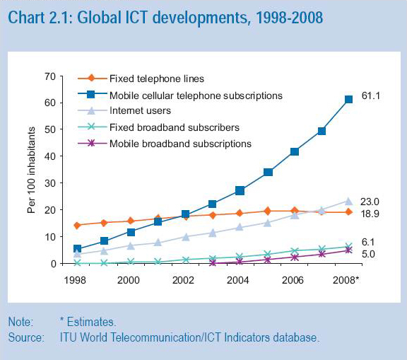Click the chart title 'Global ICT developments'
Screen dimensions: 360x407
pos(165,17)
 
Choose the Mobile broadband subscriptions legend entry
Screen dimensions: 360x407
pos(180,144)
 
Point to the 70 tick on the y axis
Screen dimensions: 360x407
pos(49,76)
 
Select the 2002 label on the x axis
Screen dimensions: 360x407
pos(183,279)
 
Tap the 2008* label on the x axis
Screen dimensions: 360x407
pos(347,279)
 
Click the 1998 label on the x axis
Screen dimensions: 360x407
pos(76,279)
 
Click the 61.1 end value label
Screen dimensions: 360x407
pos(371,95)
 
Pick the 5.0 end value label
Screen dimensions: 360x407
pos(368,254)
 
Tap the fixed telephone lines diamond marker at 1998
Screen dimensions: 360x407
pos(77,226)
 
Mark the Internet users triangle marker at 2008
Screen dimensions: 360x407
pos(348,201)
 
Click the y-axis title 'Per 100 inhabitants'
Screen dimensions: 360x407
pos(31,170)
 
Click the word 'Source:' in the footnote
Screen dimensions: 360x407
pos(26,337)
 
